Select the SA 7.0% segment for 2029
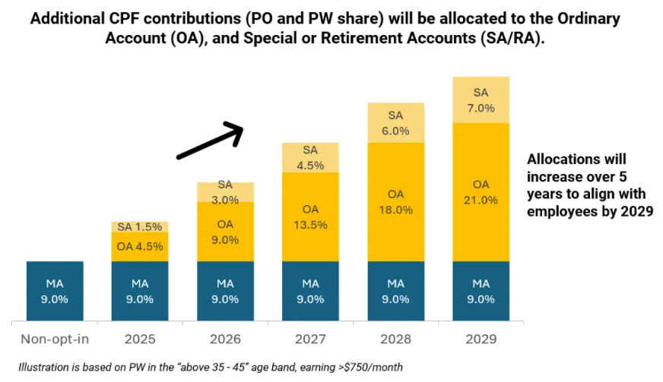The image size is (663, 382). pos(481,99)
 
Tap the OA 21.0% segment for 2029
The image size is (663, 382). pos(481,192)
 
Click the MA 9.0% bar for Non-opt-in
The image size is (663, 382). pos(55,291)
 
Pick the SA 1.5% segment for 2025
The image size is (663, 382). pos(140,227)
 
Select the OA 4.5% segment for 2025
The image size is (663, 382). pos(140,247)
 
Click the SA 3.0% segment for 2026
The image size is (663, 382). pos(225,192)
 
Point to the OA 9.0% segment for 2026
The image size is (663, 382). pos(225,232)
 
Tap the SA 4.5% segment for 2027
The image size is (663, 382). pos(310,157)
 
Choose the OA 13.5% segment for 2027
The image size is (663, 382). pos(310,216)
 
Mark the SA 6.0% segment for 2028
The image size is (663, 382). pos(395,122)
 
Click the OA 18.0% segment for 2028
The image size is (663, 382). pos(395,202)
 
